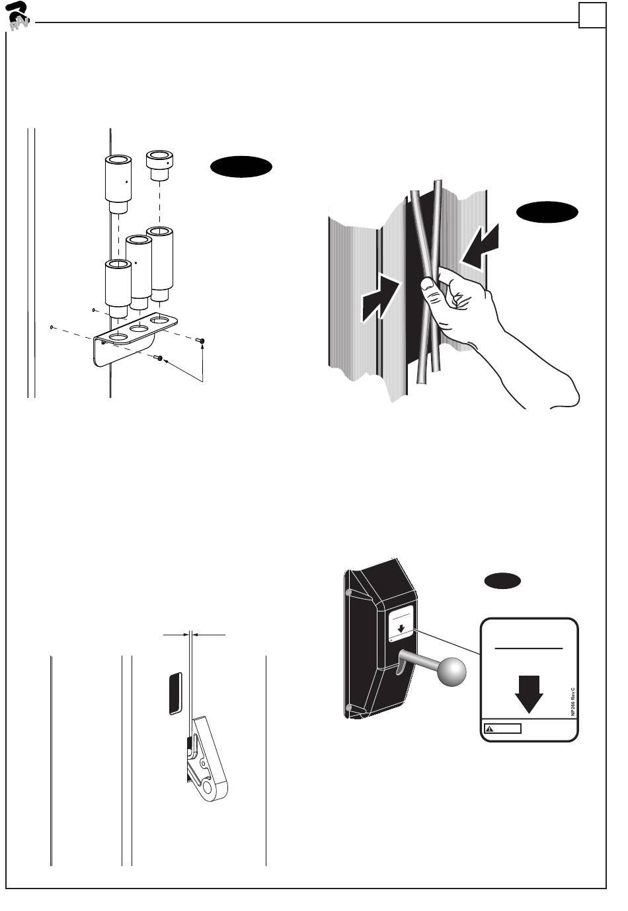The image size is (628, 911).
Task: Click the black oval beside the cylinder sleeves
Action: point(241,167)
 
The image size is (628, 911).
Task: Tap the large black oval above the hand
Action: point(547,213)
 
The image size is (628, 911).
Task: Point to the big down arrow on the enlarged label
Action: point(529,693)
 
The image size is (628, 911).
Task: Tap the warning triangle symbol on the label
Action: point(490,729)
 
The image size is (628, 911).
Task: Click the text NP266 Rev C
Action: point(573,701)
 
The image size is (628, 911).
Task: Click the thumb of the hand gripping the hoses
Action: point(429,286)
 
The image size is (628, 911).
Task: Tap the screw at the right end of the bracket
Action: point(201,340)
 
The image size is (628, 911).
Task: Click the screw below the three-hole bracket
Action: point(159,358)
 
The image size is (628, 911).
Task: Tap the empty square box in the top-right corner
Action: point(592,15)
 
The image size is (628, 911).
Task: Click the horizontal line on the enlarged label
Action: point(529,649)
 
